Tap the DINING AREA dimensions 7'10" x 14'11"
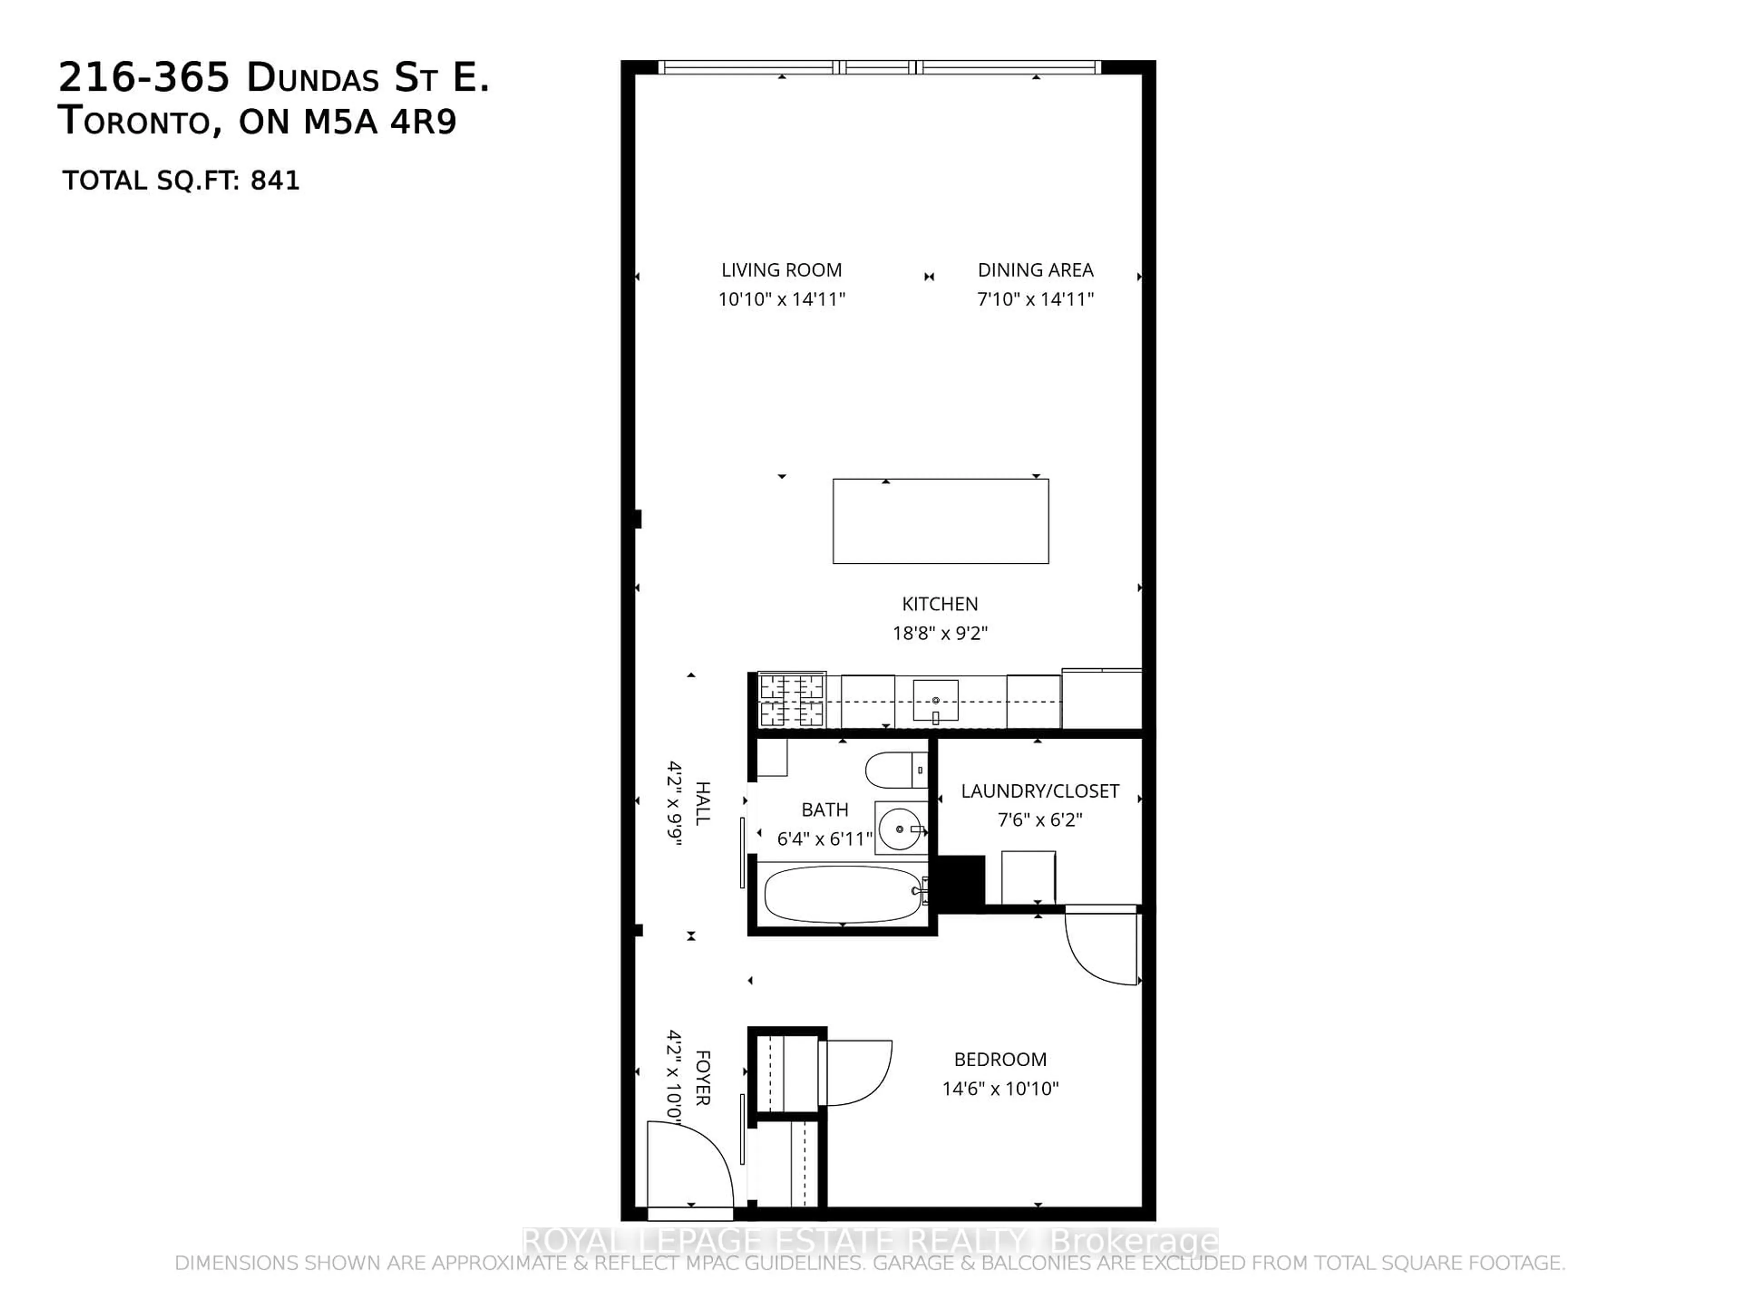1035,299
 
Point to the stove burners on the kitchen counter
791,700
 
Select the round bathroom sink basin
900,828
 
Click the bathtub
842,894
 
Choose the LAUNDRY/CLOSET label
1039,791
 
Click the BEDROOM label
1000,1059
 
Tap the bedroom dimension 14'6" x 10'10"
1000,1089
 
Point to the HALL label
702,802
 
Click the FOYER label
702,1078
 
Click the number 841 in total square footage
275,181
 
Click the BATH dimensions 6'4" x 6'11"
824,839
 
